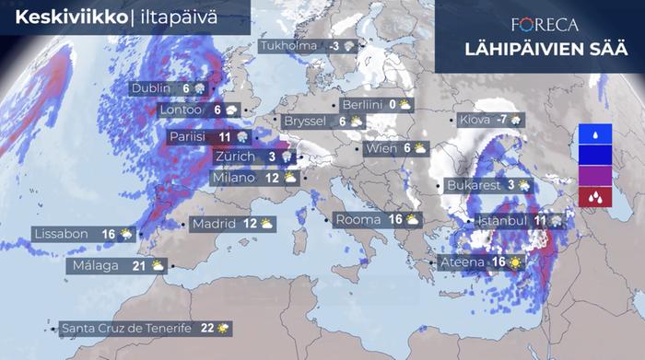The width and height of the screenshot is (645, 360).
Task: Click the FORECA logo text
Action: [x=545, y=25]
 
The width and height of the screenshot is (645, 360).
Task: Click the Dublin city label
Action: [x=151, y=88]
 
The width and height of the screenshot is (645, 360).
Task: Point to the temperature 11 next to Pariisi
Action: [x=224, y=136]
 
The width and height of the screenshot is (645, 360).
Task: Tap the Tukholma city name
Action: [x=288, y=46]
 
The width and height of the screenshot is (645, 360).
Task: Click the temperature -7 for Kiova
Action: [x=502, y=120]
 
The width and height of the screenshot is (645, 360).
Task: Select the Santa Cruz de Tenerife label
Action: [x=125, y=328]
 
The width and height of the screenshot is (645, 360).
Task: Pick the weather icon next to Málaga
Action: [x=158, y=265]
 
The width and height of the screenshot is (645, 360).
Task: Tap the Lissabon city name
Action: [x=62, y=234]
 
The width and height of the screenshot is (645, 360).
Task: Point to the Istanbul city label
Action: [x=502, y=221]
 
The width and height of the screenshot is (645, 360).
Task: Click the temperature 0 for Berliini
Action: [x=392, y=104]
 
